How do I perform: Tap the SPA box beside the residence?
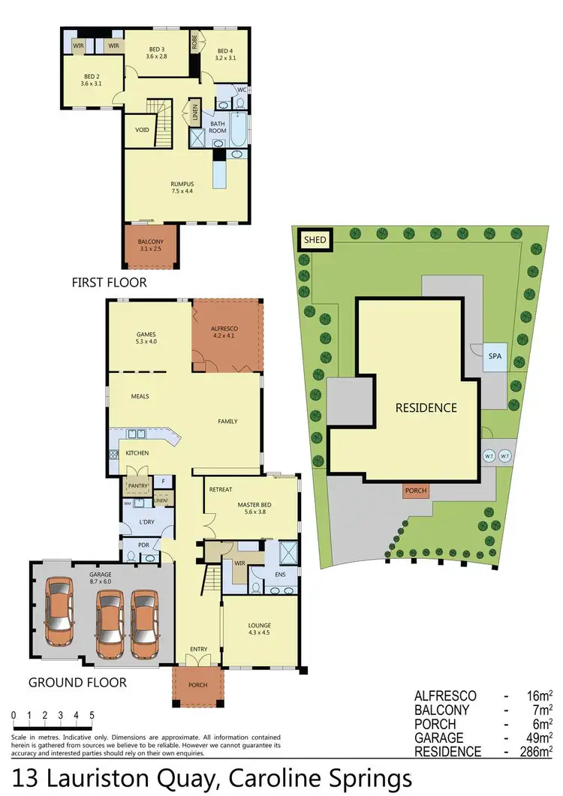pos(494,356)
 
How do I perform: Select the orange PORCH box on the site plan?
pos(415,491)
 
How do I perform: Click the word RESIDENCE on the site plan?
pos(426,408)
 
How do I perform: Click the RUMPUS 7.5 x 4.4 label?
pos(182,188)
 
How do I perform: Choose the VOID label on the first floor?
pos(142,130)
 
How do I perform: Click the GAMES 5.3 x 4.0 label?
pos(145,338)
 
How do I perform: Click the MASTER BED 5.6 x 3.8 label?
pos(254,509)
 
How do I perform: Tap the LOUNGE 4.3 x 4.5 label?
pos(260,629)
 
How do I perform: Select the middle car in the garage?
pos(109,620)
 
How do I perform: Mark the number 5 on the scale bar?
pos(92,714)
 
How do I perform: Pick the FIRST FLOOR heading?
pos(109,283)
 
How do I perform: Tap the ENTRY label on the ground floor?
pos(198,648)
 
